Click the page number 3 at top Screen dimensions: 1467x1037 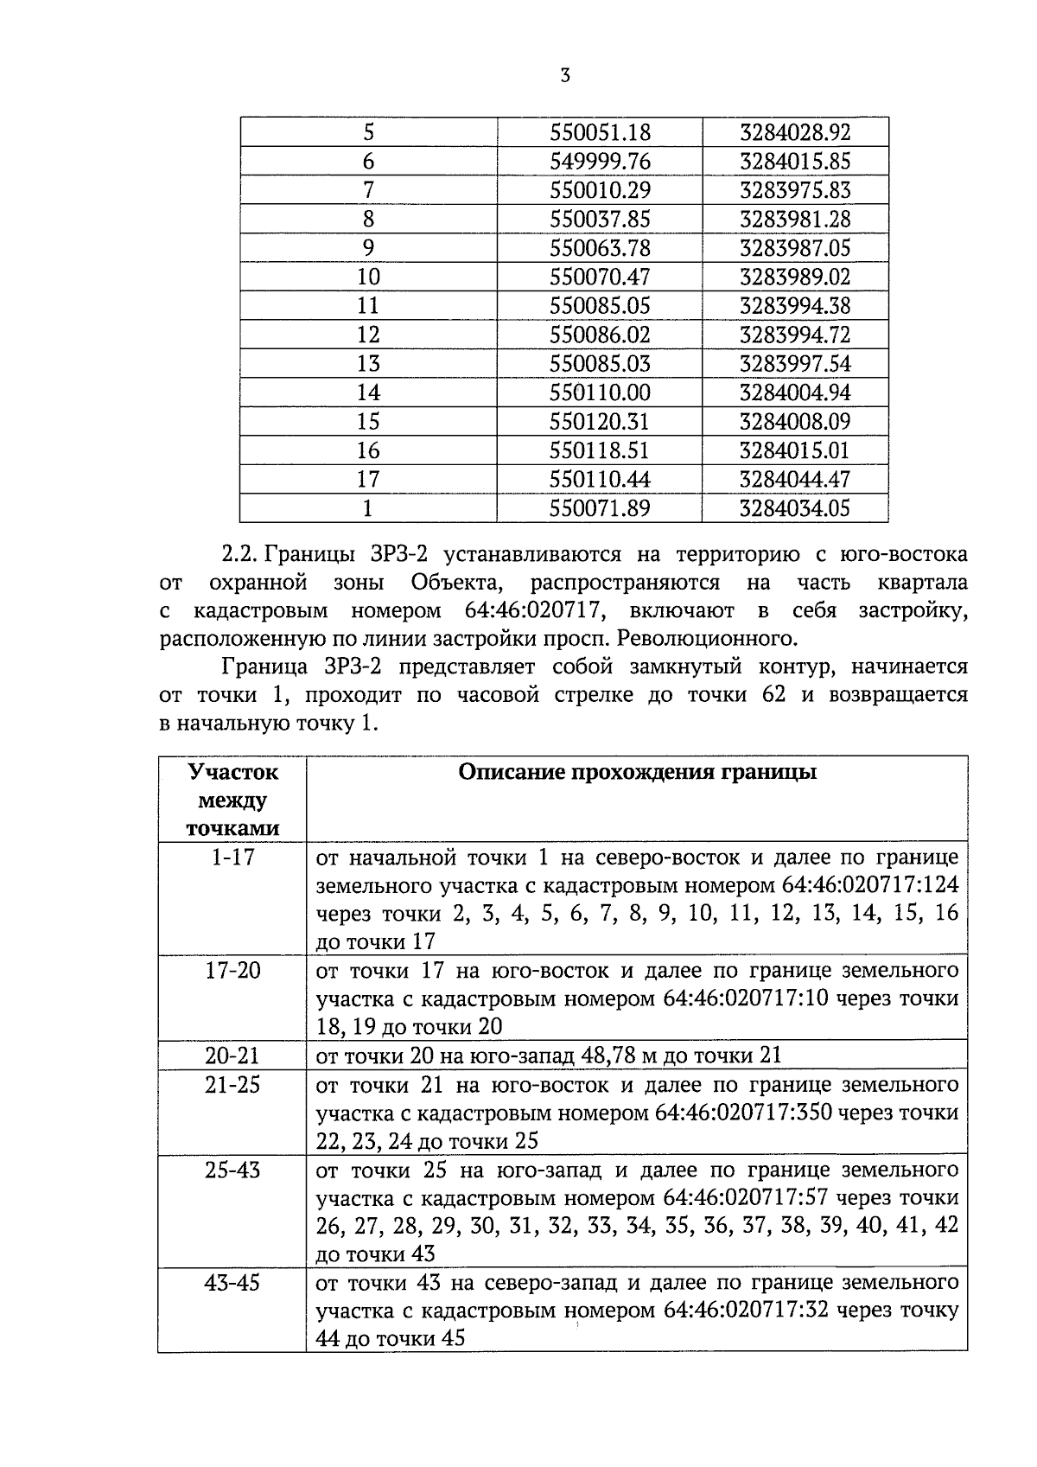click(x=564, y=76)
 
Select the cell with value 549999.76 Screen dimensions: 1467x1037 click(x=600, y=162)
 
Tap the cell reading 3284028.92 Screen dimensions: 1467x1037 click(x=795, y=133)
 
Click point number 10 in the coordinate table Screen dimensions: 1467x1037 click(x=368, y=277)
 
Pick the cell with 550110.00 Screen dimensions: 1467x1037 click(x=600, y=393)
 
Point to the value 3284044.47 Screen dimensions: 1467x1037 click(x=795, y=480)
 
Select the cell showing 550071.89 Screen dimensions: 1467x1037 click(x=600, y=508)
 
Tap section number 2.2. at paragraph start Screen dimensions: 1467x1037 click(x=240, y=553)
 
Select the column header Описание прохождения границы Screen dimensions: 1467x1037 click(x=637, y=772)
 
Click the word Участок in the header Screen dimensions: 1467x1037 click(x=232, y=771)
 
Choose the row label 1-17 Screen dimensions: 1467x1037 click(x=232, y=858)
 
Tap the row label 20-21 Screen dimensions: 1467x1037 click(x=232, y=1056)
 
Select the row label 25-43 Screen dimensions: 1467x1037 click(x=232, y=1170)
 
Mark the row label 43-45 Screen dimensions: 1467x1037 click(x=232, y=1283)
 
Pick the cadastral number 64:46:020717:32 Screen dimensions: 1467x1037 click(x=747, y=1311)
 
